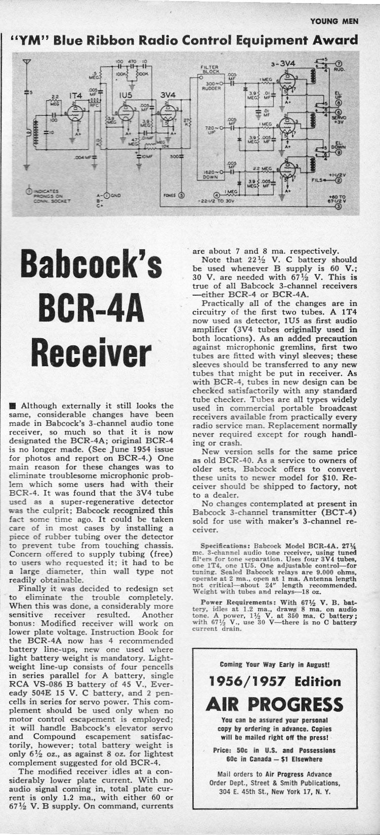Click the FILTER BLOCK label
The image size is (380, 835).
pyautogui.click(x=208, y=69)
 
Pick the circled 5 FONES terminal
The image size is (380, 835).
pyautogui.click(x=182, y=195)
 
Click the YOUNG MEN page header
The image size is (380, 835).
pyautogui.click(x=334, y=21)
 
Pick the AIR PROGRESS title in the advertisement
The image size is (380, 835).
pyautogui.click(x=275, y=704)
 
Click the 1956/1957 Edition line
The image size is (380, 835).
pyautogui.click(x=275, y=681)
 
